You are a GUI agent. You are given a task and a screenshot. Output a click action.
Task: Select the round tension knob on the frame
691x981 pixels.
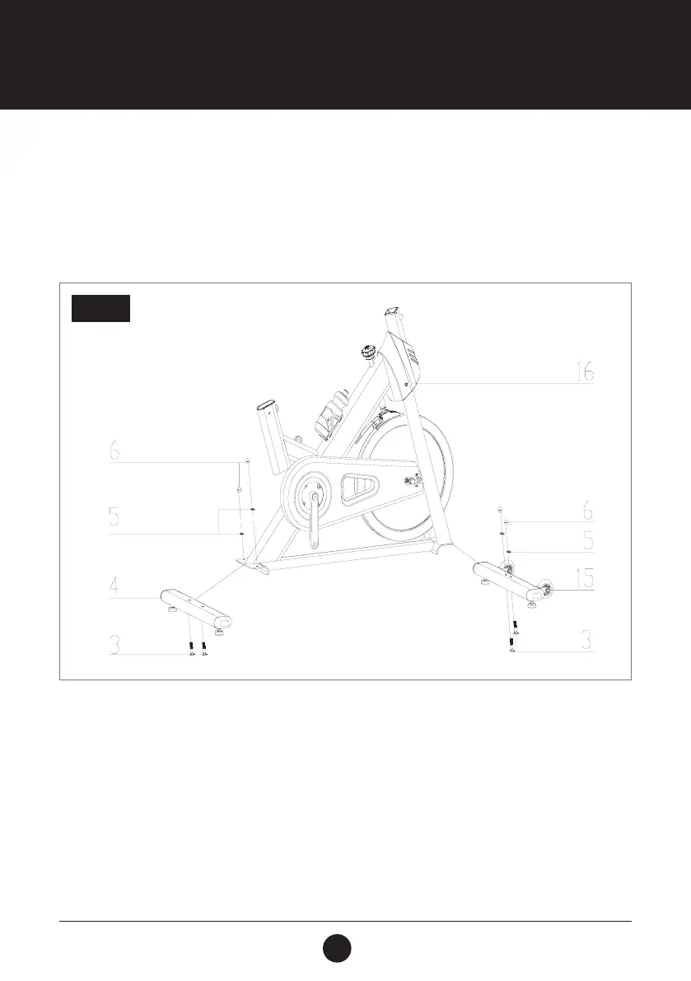(365, 354)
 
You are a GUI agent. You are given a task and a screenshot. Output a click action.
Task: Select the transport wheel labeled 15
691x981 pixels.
(544, 590)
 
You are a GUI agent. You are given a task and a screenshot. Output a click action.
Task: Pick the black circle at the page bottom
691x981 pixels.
(336, 946)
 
